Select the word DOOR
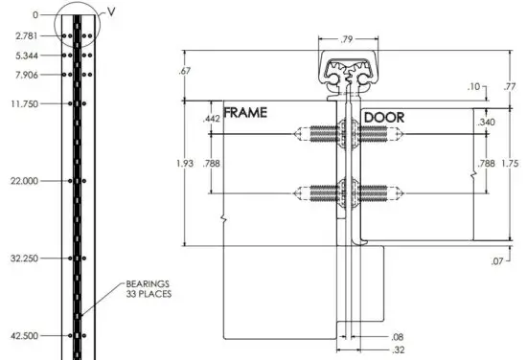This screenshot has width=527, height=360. coord(383,118)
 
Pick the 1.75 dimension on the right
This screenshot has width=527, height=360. coord(512,163)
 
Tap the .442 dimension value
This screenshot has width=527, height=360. coord(212,119)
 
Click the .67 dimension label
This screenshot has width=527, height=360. coord(185,70)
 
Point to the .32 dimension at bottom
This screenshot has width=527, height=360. coord(398,350)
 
